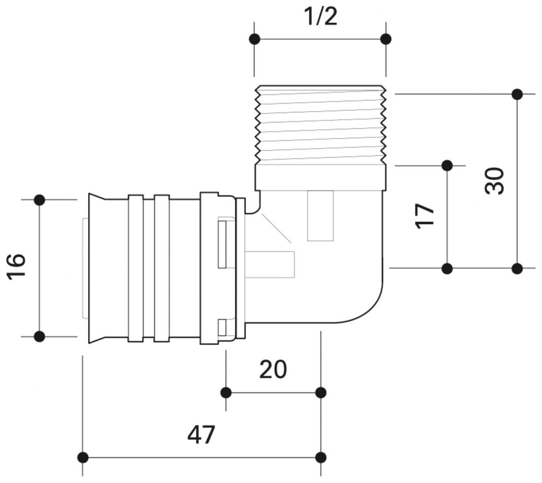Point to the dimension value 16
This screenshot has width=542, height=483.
pos(16,267)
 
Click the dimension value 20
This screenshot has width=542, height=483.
pos(273,369)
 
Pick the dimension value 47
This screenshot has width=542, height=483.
pos(201,435)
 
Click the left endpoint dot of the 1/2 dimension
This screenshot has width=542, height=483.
pos(254,39)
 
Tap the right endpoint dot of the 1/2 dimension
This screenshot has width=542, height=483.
pos(385,39)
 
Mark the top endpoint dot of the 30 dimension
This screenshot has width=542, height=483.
pos(517,95)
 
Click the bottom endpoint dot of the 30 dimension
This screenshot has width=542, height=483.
pos(517,268)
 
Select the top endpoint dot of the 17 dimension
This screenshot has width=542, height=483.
pos(447,165)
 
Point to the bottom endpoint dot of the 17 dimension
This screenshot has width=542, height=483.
pos(447,268)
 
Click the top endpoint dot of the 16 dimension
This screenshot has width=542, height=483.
pos(39,200)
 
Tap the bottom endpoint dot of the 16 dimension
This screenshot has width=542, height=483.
pos(39,337)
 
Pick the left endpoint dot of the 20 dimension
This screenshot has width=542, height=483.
pos(226,393)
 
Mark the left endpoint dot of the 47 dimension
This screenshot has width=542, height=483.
pos(82,458)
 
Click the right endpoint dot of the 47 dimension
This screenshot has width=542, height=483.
pos(321,458)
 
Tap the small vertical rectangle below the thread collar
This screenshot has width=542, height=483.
pos(321,216)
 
